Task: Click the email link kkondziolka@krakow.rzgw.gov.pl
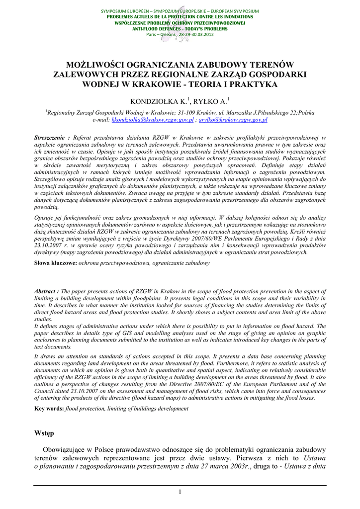[152, 120]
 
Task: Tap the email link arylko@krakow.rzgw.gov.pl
[233, 120]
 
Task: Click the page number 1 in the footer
[180, 492]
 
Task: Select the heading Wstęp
[44, 433]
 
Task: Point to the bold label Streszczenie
[51, 137]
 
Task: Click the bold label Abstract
[46, 291]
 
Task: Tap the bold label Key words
[49, 409]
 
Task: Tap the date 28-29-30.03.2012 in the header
[196, 34]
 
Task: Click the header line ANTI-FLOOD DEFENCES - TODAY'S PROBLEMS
[180, 29]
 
